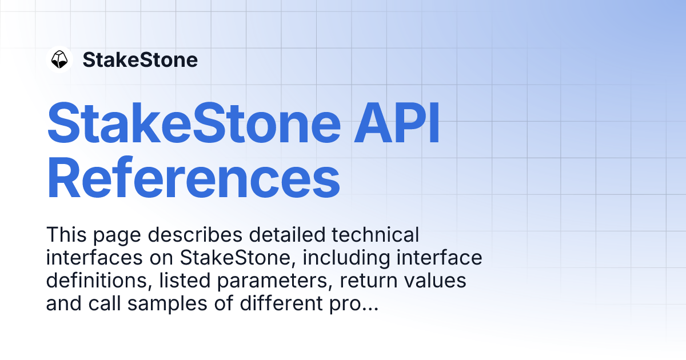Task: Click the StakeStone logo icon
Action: pos(59,59)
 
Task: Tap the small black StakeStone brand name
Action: pos(140,59)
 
